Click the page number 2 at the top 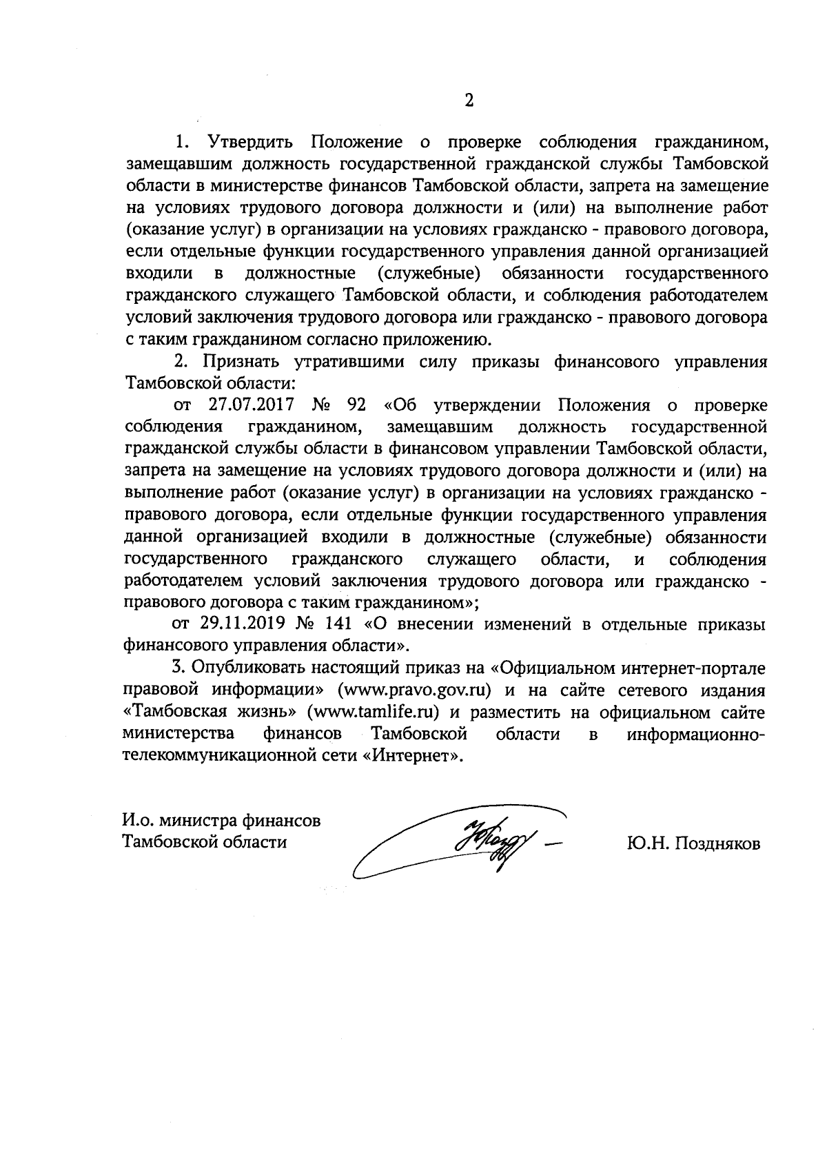[x=469, y=101]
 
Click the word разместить [x=511, y=712]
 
